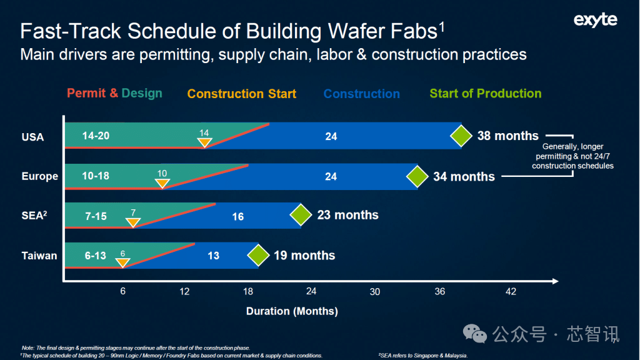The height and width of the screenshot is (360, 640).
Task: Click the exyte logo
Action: tap(595, 21)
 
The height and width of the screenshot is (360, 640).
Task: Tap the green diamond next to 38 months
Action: tap(461, 136)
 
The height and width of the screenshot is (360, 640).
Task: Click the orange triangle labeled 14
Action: tap(204, 142)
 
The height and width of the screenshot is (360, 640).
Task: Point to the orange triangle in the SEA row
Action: tap(133, 222)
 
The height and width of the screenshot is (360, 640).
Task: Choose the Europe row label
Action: tap(39, 176)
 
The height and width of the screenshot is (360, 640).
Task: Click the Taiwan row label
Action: tap(39, 256)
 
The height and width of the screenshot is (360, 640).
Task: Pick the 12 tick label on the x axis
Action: tap(185, 292)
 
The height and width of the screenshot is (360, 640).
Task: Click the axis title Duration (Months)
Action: tap(292, 311)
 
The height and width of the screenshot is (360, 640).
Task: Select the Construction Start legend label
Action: tap(242, 94)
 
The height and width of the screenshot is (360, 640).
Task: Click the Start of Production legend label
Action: tap(486, 94)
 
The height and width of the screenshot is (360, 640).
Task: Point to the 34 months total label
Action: tap(464, 177)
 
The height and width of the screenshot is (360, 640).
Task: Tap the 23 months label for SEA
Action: tap(347, 215)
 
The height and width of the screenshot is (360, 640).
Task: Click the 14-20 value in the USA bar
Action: tap(96, 136)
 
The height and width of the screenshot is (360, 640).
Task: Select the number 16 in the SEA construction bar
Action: tap(237, 217)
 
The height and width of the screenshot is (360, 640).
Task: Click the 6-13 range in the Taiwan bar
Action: tap(95, 256)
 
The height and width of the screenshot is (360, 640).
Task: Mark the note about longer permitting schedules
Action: tap(572, 156)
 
